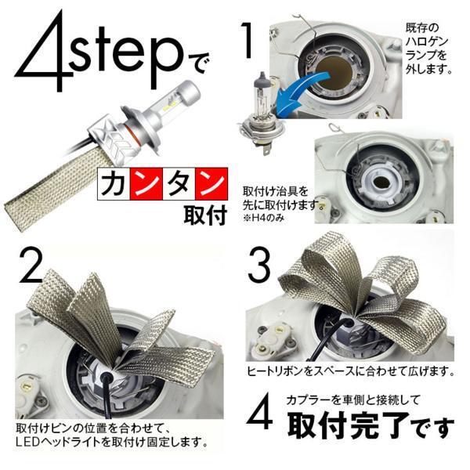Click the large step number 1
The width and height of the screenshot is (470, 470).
[248, 41]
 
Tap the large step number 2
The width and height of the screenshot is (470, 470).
[31, 265]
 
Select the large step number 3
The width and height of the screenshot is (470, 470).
[259, 265]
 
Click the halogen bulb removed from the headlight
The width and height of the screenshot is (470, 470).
[261, 114]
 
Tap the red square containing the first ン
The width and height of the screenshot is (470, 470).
[146, 184]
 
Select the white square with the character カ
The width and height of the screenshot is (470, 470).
[114, 184]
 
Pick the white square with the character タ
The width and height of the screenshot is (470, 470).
[179, 184]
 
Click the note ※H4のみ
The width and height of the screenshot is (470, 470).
[263, 219]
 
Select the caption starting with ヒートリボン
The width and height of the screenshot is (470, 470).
[350, 371]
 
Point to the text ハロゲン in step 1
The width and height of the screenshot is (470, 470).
[426, 42]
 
